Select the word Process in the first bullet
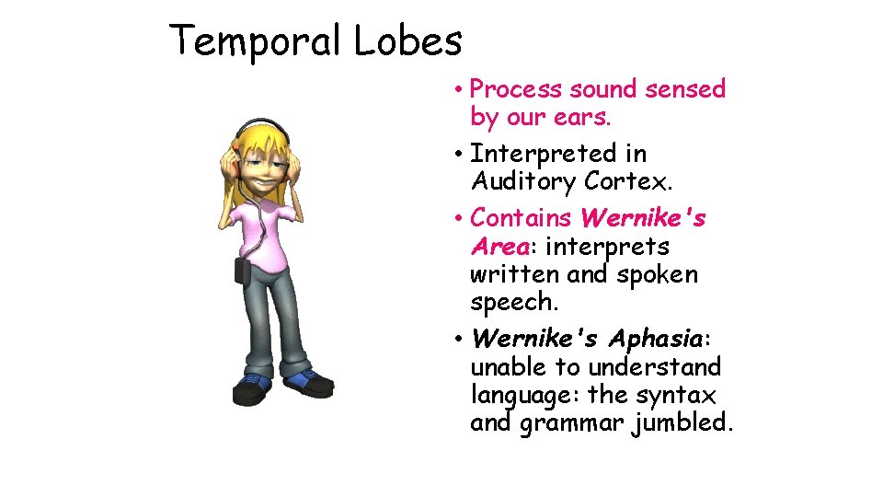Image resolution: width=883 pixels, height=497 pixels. [516, 89]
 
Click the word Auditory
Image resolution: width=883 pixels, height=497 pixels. [520, 182]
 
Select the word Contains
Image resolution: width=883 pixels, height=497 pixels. [522, 218]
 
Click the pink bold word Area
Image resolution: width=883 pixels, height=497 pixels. [499, 247]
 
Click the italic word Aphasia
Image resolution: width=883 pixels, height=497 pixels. [652, 339]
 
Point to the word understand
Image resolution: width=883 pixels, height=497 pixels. [655, 367]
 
